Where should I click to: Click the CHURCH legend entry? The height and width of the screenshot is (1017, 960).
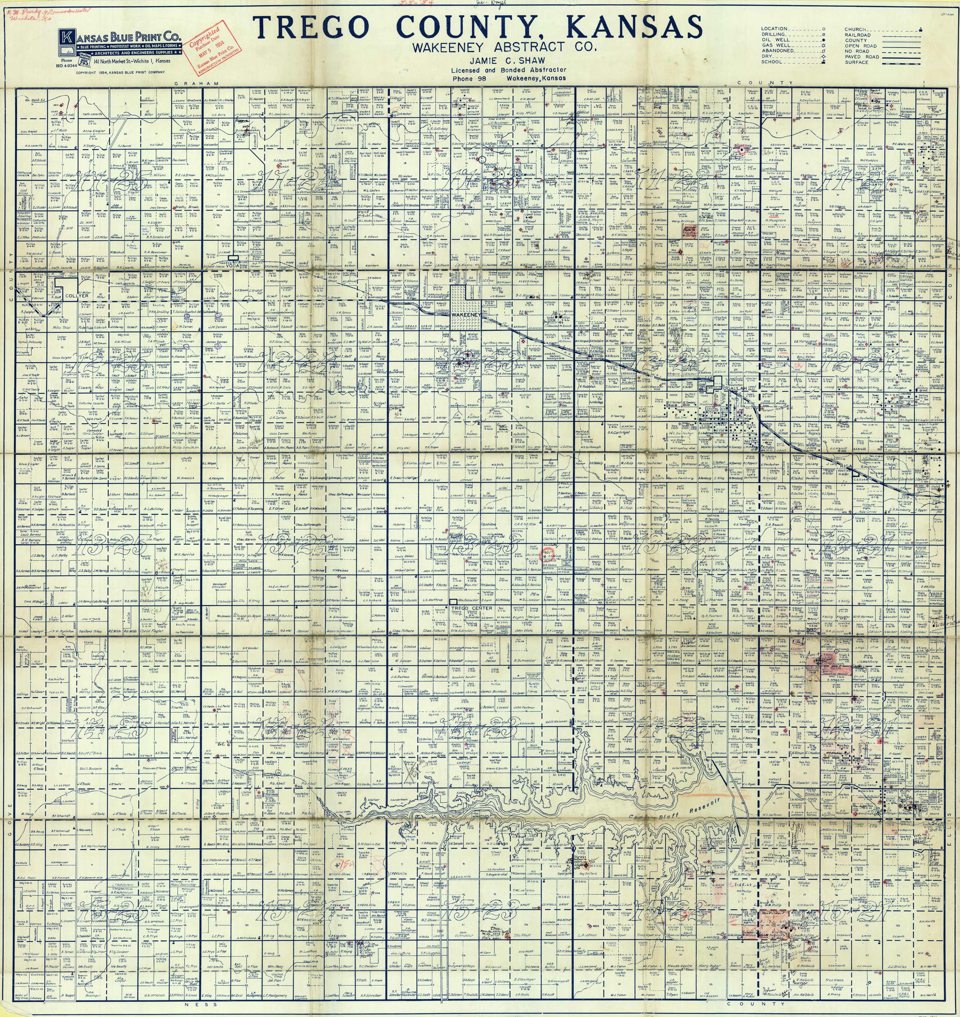click(x=856, y=29)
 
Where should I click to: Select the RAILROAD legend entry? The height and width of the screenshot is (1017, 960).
click(x=858, y=35)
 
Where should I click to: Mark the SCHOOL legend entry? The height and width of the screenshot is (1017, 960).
click(x=772, y=62)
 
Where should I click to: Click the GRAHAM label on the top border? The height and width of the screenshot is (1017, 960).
click(x=189, y=83)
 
